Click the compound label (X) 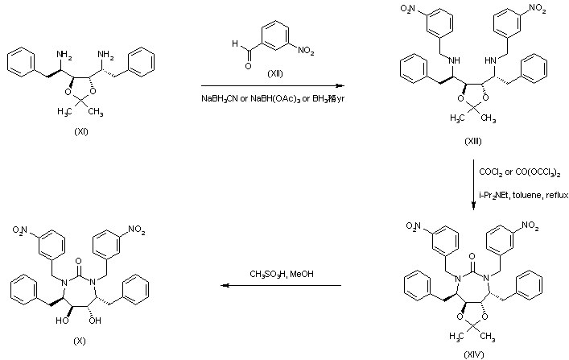pyautogui.click(x=79, y=341)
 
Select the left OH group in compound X pyautogui.click(x=62, y=319)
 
